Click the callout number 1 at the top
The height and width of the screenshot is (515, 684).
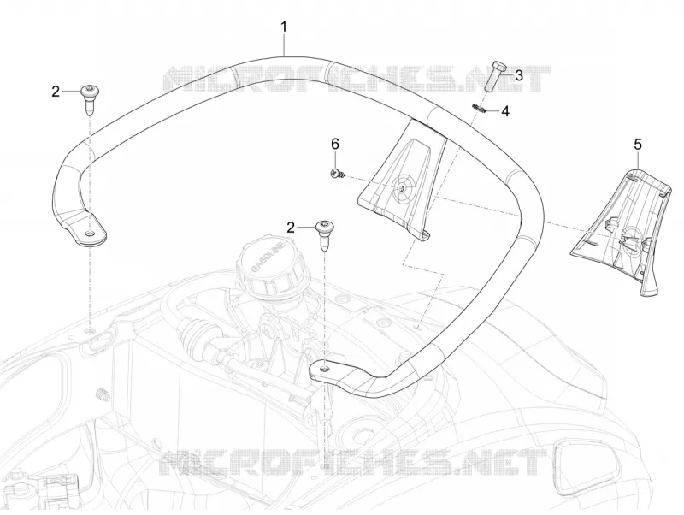(284, 27)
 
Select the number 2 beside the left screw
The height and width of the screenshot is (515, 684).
(56, 92)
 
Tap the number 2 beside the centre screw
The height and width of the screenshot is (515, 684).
(291, 228)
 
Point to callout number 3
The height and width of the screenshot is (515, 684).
(519, 75)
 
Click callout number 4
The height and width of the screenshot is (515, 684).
(505, 111)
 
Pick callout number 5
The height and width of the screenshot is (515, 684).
(638, 144)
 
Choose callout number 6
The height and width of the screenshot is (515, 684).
(335, 144)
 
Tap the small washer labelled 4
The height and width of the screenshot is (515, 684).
(479, 108)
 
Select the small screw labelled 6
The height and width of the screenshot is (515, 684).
(338, 174)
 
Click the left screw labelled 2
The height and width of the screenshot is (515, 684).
(91, 99)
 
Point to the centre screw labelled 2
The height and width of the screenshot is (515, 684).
(325, 234)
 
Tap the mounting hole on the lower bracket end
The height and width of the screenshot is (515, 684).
(324, 370)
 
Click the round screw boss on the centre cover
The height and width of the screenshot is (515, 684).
(401, 187)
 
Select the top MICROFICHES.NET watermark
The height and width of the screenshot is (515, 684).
(357, 79)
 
